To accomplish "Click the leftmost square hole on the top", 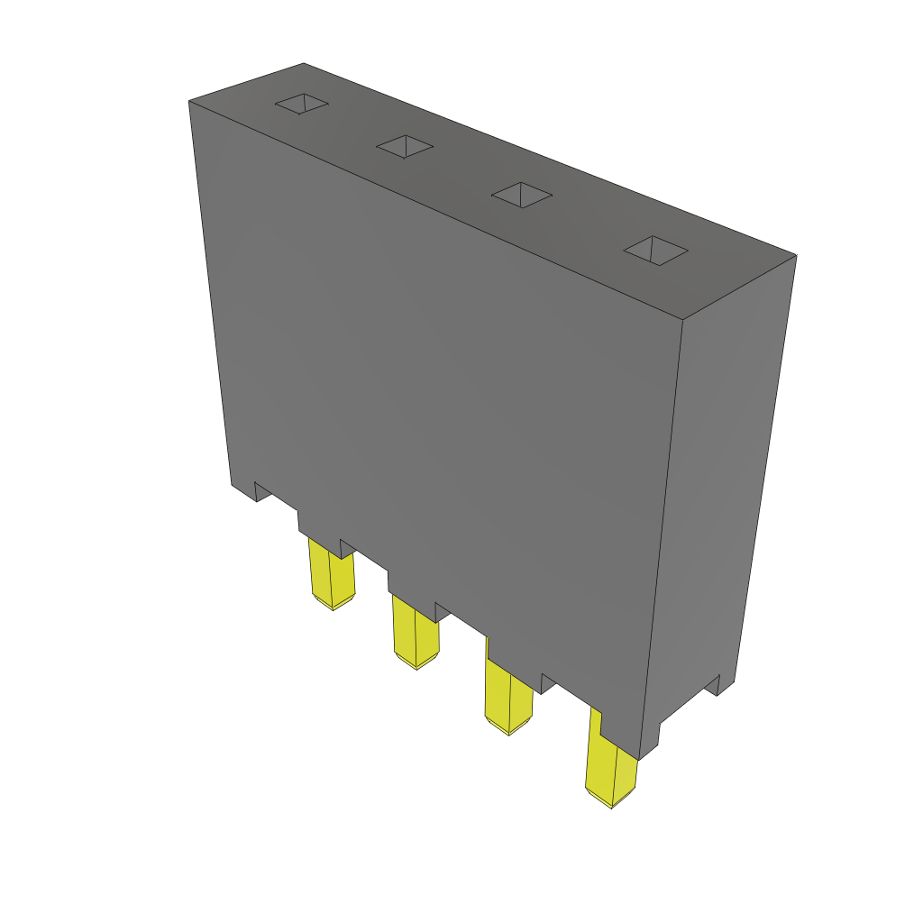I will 301,105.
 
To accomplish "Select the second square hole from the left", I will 405,147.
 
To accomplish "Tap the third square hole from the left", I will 521,194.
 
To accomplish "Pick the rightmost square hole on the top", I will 656,250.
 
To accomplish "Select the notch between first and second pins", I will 347,547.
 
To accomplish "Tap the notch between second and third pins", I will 442,611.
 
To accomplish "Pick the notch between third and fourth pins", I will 547,681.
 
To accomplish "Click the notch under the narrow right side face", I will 718,685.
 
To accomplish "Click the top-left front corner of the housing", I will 189,102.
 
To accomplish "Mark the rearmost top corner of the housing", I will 304,63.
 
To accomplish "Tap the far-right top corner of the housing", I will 796,255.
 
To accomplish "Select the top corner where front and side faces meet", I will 681,321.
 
